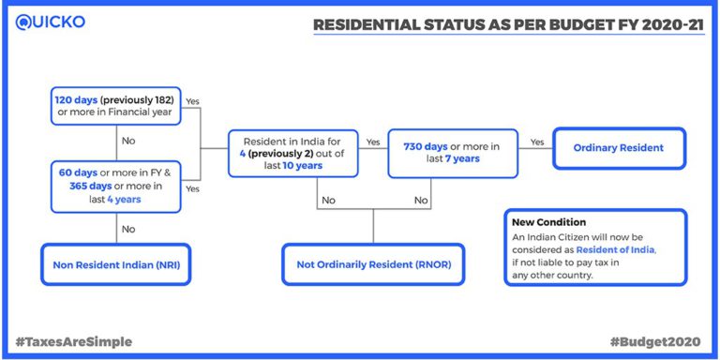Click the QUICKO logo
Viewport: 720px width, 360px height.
pos(49,22)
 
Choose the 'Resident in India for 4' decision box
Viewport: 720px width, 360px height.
pos(294,153)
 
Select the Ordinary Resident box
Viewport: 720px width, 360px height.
pos(618,147)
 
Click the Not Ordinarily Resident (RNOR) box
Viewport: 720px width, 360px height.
pos(374,265)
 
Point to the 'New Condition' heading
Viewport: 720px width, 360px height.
pos(548,222)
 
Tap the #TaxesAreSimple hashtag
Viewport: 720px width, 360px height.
pos(72,341)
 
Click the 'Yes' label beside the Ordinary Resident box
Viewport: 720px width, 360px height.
pos(538,142)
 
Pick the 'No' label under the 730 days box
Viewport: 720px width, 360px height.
pos(422,200)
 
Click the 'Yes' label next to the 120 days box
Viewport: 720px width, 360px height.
pos(193,100)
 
